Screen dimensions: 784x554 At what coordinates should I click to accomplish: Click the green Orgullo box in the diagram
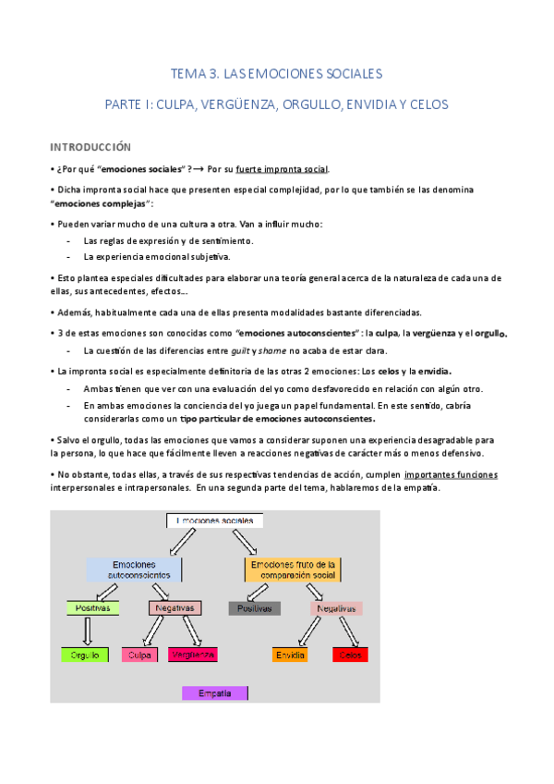click(x=86, y=655)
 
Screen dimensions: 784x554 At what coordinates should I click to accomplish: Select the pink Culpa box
click(x=140, y=655)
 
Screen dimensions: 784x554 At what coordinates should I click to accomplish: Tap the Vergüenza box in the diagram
click(x=193, y=655)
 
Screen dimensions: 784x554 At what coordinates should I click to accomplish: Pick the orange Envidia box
click(x=291, y=655)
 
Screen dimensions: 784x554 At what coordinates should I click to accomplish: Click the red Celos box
click(x=350, y=655)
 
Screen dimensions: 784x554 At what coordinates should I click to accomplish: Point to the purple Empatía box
click(x=215, y=692)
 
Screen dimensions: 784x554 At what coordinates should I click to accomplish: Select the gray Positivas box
click(x=254, y=608)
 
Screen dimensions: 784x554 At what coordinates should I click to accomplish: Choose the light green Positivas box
click(x=92, y=608)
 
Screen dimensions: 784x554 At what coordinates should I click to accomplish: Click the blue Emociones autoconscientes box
click(x=134, y=570)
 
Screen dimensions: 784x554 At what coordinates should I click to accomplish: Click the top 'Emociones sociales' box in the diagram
click(x=214, y=521)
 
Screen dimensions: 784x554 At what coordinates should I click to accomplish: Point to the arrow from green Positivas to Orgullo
click(x=89, y=631)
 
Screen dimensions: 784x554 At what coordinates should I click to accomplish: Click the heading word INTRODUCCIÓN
click(x=90, y=147)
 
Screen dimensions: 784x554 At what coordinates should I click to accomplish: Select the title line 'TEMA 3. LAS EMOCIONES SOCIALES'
click(x=276, y=73)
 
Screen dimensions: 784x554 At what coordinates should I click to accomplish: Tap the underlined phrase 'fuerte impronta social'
click(x=282, y=169)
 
